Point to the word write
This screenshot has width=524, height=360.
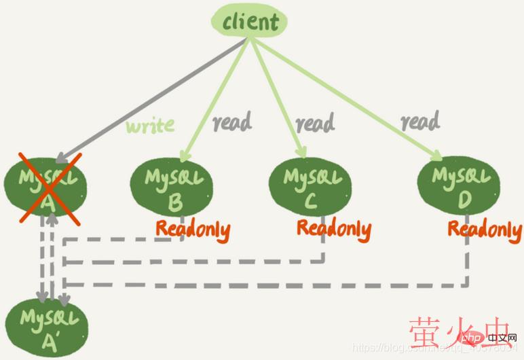tap(150, 125)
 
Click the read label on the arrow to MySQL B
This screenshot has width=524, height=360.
tap(232, 122)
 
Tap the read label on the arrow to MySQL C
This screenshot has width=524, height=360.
tap(315, 124)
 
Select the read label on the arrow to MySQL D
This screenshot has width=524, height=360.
tap(419, 122)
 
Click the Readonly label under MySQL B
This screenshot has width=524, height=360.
tap(193, 229)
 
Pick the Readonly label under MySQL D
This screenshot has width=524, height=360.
tap(485, 229)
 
